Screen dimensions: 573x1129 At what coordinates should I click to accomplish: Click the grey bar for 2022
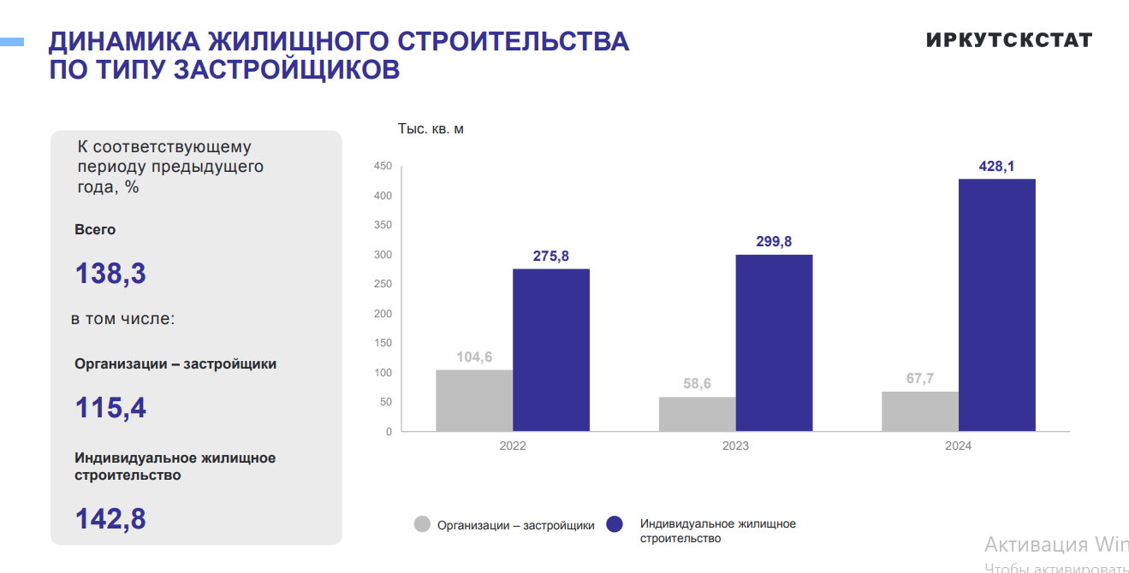(474, 400)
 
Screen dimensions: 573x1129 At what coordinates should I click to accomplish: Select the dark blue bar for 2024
(996, 304)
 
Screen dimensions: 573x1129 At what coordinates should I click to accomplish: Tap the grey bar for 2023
(697, 414)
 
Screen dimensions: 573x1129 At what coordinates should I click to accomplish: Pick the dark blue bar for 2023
(774, 343)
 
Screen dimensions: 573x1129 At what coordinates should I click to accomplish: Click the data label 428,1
(996, 167)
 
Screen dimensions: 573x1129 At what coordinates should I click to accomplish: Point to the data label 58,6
(697, 384)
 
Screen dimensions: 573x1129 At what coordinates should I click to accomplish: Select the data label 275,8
(551, 257)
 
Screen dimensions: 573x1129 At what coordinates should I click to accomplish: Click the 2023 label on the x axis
(735, 446)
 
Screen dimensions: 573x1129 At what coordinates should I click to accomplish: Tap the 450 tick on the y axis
(383, 166)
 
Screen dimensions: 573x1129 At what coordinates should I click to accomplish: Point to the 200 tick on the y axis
(383, 313)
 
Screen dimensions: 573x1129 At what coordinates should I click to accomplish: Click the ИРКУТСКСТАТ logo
(1009, 40)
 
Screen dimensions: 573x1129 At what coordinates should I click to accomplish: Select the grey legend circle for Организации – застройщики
(422, 525)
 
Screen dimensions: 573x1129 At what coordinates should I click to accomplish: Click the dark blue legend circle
(615, 525)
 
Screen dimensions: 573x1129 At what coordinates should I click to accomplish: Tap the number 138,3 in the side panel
(110, 274)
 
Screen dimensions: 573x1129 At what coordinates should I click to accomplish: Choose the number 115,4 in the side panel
(110, 407)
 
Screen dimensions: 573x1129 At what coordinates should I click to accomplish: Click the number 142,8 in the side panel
(110, 518)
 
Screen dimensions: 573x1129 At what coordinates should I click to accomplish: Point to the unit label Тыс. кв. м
(431, 129)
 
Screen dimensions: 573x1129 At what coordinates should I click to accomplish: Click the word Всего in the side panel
(95, 229)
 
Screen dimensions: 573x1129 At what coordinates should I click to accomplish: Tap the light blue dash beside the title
(11, 41)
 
